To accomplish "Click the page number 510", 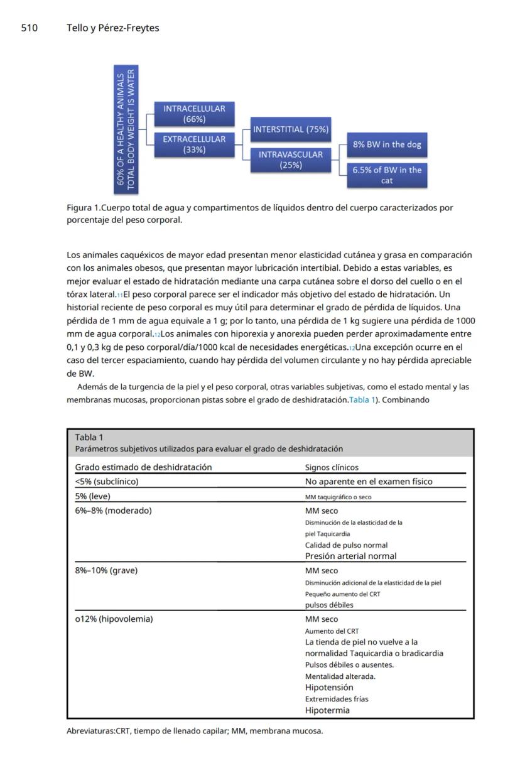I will coord(30,28).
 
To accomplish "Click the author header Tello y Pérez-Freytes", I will coord(112,28).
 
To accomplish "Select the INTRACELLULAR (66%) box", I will coord(194,114).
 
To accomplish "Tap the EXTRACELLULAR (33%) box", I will coord(194,144).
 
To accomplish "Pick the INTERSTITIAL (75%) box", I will coord(290,129).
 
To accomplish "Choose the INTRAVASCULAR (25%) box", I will coord(290,160).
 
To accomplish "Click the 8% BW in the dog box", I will coord(386,144).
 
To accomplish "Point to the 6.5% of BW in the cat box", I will coord(386,175).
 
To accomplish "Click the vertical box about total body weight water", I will coord(126,129).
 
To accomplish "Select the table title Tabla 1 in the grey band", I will coord(89,437).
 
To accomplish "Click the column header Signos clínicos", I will coord(332,467).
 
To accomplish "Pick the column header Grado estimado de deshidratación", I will coord(143,467).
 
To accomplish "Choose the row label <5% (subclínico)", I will coord(107,482).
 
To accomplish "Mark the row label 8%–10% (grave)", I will coord(106,571).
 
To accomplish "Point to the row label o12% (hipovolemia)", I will coord(114,619).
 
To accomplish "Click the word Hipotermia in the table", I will coord(327,710).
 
